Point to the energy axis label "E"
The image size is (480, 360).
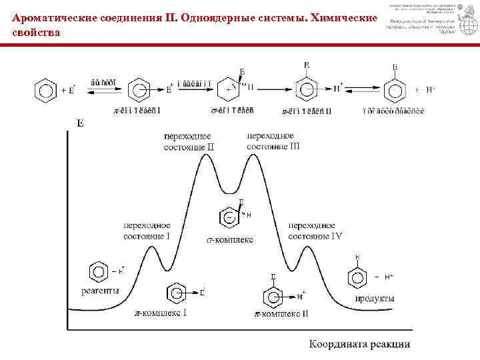tap(80, 123)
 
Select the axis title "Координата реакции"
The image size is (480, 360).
tap(359, 345)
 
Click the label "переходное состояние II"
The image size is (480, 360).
tap(189, 141)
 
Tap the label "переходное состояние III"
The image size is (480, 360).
tap(273, 141)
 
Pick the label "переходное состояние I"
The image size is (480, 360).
tap(147, 231)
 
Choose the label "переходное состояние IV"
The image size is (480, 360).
tap(315, 231)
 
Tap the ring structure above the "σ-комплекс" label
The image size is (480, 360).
tap(229, 217)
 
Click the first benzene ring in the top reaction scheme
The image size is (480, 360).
tap(45, 89)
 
